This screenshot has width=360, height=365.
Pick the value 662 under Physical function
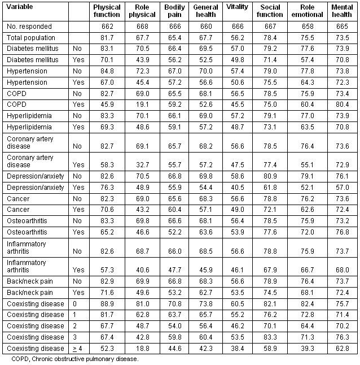point(107,27)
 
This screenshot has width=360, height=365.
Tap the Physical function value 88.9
point(107,304)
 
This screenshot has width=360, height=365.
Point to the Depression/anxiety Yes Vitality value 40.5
point(237,188)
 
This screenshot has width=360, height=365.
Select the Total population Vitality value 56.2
point(237,37)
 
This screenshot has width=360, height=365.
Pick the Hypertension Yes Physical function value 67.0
point(107,82)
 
